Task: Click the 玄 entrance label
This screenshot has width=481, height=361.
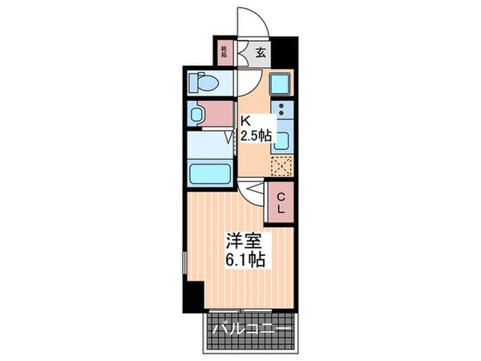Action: tap(261, 54)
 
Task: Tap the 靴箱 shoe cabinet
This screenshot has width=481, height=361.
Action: tap(224, 53)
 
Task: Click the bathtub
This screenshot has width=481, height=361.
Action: tap(208, 172)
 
